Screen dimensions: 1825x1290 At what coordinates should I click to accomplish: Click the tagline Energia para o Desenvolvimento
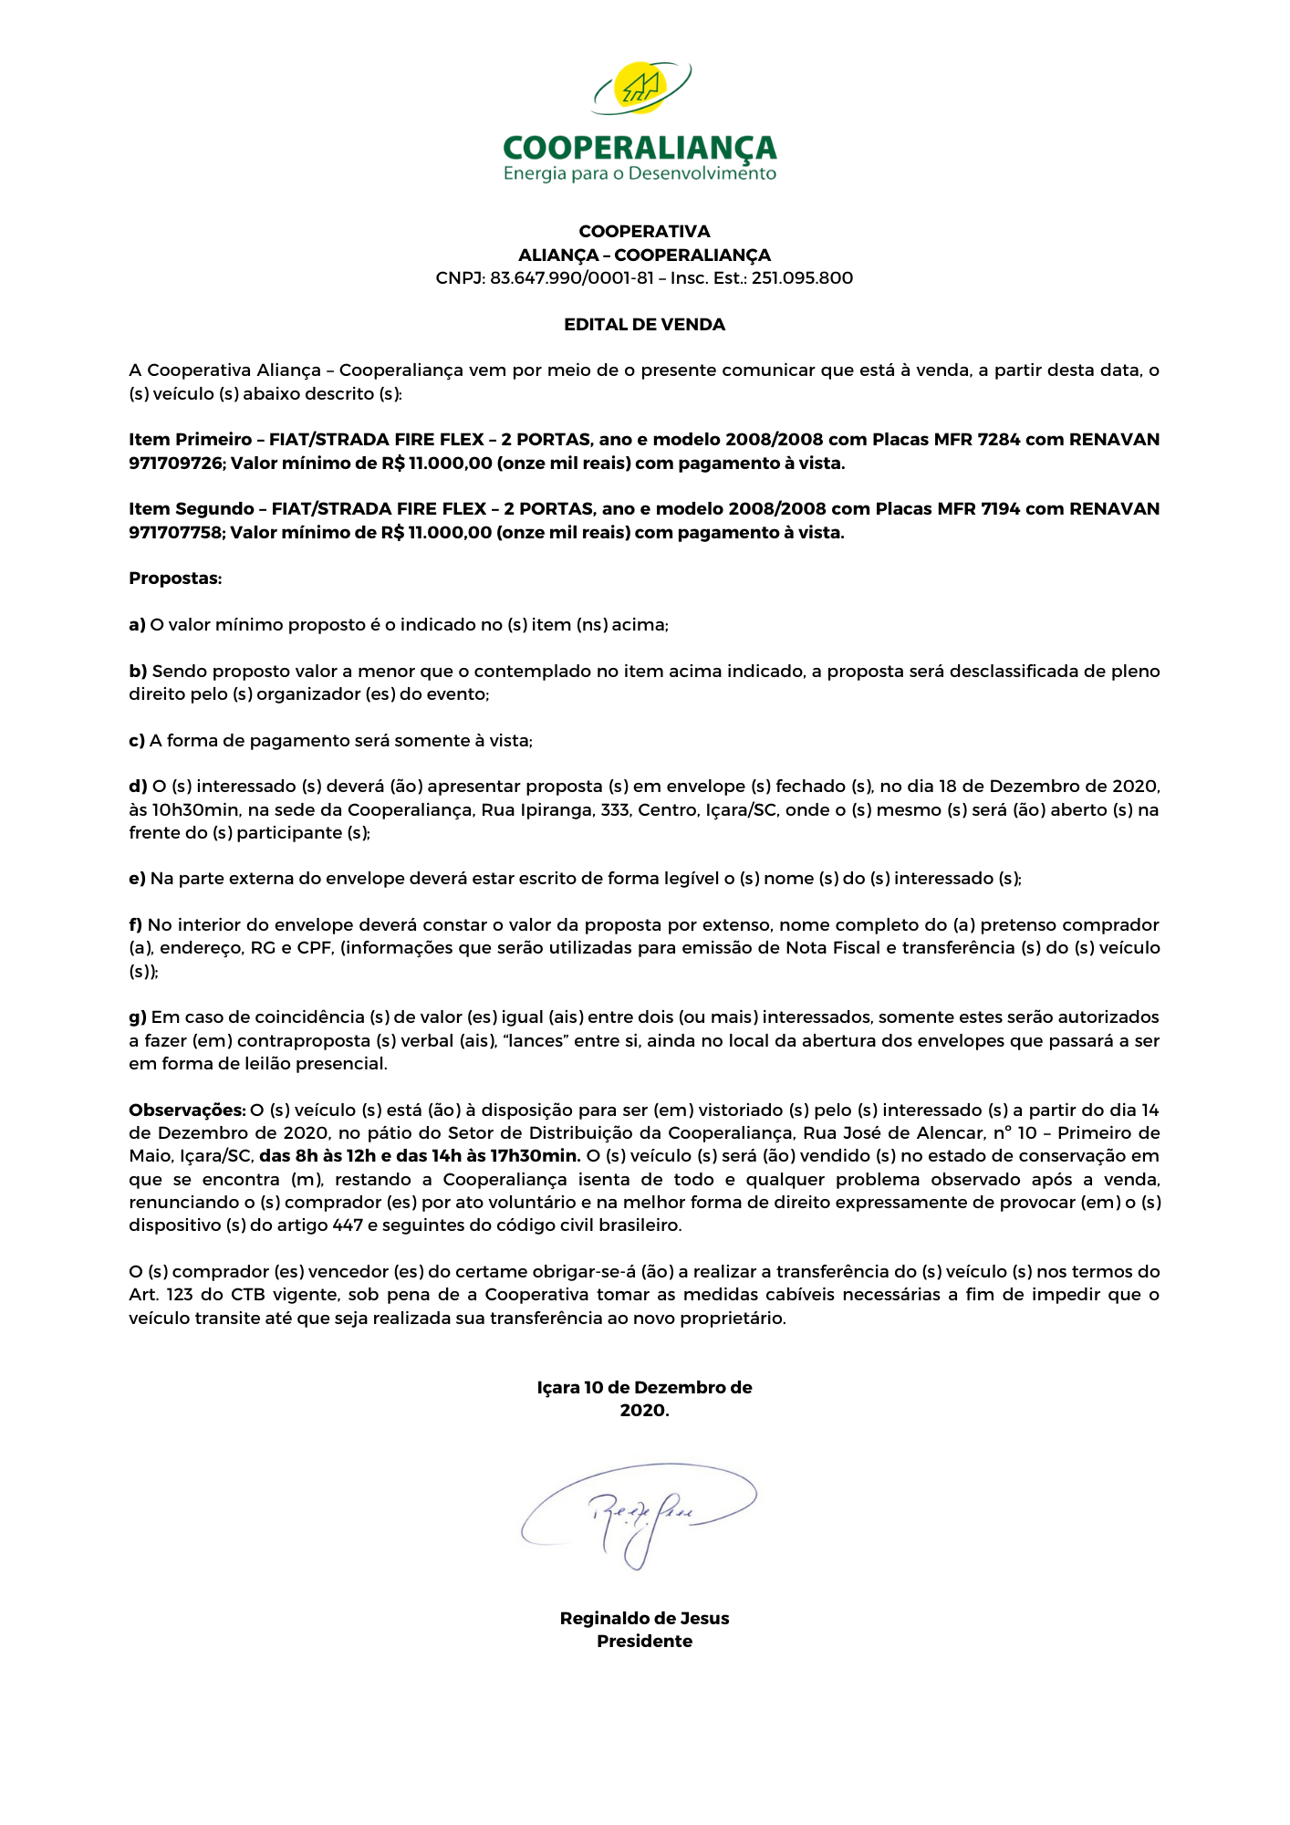(x=640, y=173)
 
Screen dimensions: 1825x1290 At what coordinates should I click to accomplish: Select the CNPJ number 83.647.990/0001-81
(x=571, y=278)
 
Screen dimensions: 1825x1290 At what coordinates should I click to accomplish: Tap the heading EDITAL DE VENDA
(x=644, y=325)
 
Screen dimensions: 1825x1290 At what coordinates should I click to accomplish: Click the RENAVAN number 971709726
(x=175, y=464)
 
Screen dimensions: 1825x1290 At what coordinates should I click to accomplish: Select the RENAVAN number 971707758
(x=175, y=533)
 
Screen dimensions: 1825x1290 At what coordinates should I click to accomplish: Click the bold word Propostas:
(x=175, y=579)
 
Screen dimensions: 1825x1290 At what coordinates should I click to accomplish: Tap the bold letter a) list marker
(x=137, y=625)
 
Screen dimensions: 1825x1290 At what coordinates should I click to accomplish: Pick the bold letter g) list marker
(x=138, y=1017)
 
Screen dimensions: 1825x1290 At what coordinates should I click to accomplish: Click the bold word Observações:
(x=187, y=1111)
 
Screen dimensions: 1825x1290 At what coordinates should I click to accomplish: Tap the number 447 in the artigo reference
(x=348, y=1225)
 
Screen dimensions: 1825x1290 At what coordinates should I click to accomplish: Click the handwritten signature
(x=639, y=1514)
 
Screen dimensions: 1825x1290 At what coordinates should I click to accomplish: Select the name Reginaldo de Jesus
(x=644, y=1619)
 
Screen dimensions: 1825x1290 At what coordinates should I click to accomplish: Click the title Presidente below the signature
(x=644, y=1642)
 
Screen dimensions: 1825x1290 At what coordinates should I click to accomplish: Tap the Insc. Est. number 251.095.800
(x=802, y=278)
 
